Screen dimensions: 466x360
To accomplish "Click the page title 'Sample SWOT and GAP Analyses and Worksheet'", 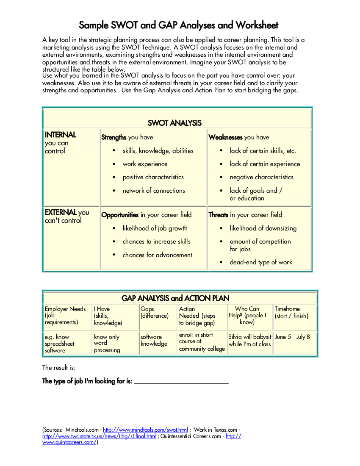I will tap(179, 25).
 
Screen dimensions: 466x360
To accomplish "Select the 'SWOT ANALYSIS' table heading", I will tap(174, 123).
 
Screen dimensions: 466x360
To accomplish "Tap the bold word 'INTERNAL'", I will tap(61, 135).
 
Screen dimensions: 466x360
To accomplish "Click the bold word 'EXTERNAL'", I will tap(61, 212).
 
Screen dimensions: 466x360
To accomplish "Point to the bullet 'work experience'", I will tap(145, 164).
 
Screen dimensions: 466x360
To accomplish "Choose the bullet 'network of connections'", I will tap(154, 191).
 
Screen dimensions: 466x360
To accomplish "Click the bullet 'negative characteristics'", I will tap(261, 177).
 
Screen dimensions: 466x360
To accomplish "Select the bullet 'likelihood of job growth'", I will tap(155, 228).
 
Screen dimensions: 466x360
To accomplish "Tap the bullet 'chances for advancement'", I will tap(157, 255).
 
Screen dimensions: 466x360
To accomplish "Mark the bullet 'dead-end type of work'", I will tap(261, 262).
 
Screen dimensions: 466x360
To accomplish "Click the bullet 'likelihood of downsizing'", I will tap(263, 228).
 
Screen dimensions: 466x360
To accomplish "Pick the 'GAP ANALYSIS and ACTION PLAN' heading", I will tap(175, 298).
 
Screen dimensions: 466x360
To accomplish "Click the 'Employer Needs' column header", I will tap(65, 309).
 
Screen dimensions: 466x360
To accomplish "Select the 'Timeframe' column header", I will tap(287, 309).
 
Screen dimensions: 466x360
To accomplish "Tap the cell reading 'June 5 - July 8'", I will tap(292, 337).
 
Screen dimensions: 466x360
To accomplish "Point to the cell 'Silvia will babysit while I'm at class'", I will tap(249, 341).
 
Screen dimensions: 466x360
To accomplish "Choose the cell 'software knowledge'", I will tap(154, 340).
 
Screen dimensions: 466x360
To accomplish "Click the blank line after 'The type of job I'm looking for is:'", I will tap(181, 381).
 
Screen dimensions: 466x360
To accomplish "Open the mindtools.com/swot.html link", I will tap(145, 430).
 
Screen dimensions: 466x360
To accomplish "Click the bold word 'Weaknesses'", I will tap(225, 137).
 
